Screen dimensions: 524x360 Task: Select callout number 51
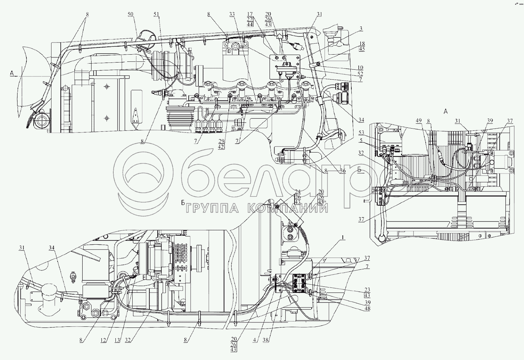coord(156,15)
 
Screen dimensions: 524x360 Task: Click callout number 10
coord(360,67)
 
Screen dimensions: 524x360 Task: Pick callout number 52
coord(360,74)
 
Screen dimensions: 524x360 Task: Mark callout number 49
coord(419,120)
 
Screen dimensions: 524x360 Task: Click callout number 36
coord(343,171)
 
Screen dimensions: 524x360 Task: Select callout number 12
coord(103,340)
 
